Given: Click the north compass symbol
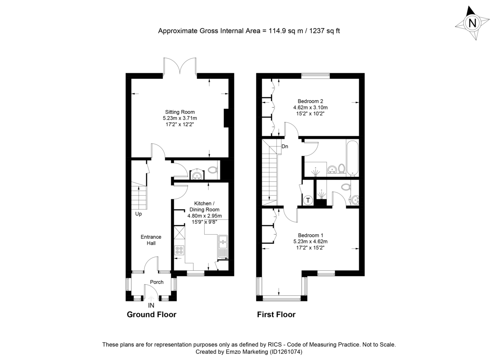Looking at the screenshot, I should (x=471, y=23).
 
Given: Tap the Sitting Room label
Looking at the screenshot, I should (x=180, y=112).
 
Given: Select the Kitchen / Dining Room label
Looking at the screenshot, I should (x=205, y=206).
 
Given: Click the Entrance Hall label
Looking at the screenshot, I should (x=151, y=240).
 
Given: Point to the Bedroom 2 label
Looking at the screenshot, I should (x=310, y=101).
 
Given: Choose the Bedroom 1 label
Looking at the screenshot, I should (x=310, y=235).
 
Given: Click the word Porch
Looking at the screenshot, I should (x=156, y=282).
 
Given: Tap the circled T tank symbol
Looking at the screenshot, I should (x=308, y=200).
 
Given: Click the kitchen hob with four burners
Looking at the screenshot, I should (x=180, y=250).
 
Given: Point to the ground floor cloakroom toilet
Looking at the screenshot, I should (x=213, y=170).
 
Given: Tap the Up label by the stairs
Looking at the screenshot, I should (x=138, y=214).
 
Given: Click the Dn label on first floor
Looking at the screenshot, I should (x=285, y=147).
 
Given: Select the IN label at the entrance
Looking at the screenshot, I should (x=151, y=305).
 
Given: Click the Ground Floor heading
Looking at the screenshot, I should (x=151, y=315).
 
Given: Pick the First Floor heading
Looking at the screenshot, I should (x=276, y=315).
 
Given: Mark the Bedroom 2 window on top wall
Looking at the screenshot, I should (x=315, y=76).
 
